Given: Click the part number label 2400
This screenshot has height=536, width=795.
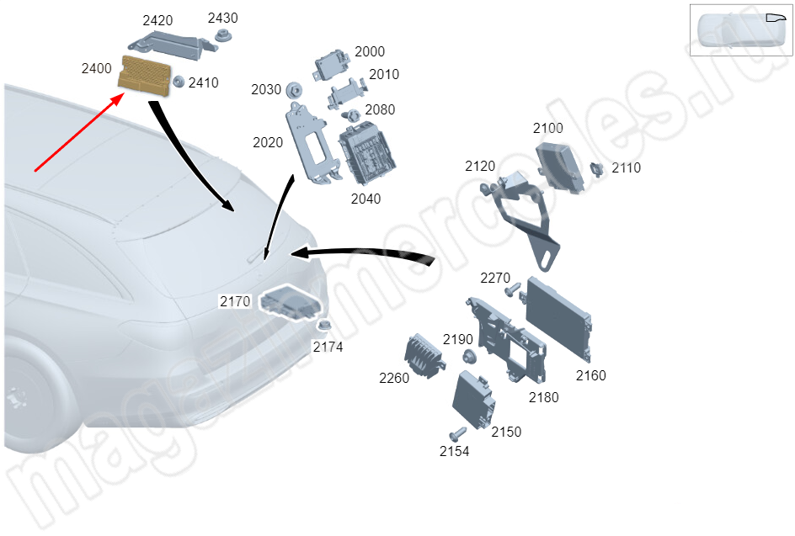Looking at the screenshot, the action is pyautogui.click(x=96, y=68).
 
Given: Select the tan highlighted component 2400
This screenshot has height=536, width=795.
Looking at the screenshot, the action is pyautogui.click(x=145, y=76).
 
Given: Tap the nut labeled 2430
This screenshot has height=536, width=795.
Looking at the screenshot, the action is pyautogui.click(x=221, y=35).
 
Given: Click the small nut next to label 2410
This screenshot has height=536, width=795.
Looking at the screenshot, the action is pyautogui.click(x=179, y=82).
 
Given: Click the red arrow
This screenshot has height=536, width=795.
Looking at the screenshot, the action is pyautogui.click(x=79, y=132).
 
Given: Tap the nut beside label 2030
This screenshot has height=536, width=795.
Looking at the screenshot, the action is pyautogui.click(x=294, y=91).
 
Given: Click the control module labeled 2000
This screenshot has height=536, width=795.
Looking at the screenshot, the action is pyautogui.click(x=332, y=65).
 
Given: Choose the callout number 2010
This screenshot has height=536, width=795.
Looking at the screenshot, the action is pyautogui.click(x=384, y=75).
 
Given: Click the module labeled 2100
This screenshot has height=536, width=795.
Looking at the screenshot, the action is pyautogui.click(x=559, y=166).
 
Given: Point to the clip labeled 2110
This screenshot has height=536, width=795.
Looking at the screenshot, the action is pyautogui.click(x=597, y=169).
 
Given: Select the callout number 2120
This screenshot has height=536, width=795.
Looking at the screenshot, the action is pyautogui.click(x=480, y=166).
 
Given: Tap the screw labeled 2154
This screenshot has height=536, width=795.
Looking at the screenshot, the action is pyautogui.click(x=457, y=434).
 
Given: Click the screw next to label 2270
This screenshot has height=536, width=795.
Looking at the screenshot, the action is pyautogui.click(x=513, y=289).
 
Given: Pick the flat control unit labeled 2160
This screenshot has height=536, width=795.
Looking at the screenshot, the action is pyautogui.click(x=558, y=318).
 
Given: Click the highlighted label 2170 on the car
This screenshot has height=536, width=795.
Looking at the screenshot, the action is pyautogui.click(x=235, y=301).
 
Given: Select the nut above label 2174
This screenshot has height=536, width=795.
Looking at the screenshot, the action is pyautogui.click(x=324, y=326).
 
